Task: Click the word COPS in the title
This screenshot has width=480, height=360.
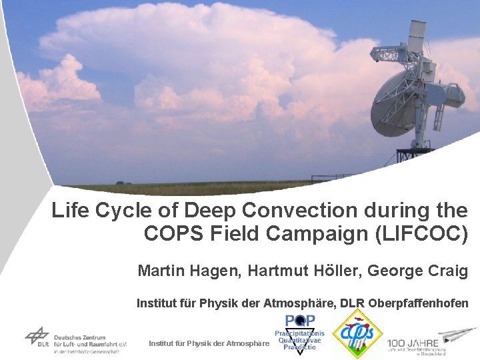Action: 169,234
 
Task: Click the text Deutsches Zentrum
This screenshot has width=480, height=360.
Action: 81,337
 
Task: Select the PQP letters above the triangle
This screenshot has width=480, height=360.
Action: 301,321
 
